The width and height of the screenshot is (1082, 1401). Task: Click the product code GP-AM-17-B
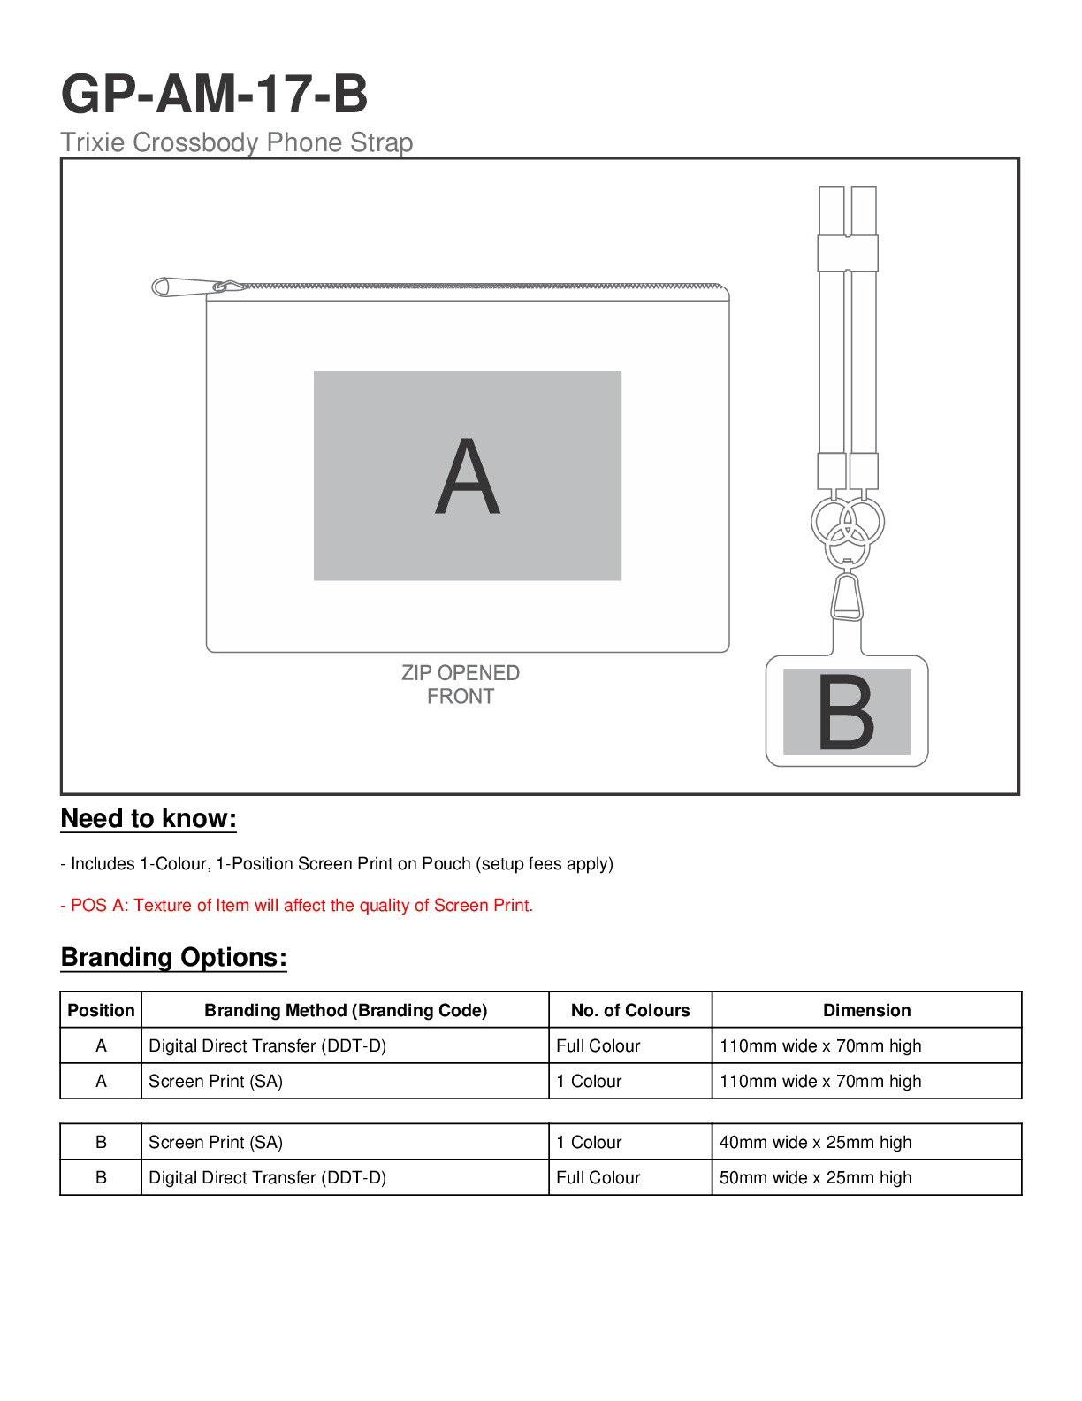(214, 95)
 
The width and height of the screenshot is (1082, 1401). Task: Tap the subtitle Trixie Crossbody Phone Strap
(236, 142)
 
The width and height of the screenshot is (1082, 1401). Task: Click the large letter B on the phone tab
(846, 713)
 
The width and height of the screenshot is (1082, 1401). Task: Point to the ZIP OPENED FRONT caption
(461, 685)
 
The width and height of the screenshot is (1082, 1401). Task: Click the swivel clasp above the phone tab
(847, 598)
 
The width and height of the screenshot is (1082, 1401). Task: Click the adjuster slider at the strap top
(847, 253)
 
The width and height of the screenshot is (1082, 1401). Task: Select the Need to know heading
(149, 819)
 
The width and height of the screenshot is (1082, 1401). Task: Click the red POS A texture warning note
(297, 906)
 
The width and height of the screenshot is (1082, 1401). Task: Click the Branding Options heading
(174, 958)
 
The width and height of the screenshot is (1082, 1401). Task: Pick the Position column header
(101, 1010)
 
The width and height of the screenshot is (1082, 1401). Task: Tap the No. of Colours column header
(630, 1010)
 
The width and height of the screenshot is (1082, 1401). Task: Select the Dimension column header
(866, 1010)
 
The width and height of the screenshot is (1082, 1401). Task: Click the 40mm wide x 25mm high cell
(815, 1142)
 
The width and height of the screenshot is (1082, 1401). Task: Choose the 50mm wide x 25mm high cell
(815, 1177)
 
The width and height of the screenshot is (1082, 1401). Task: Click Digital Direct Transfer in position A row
(267, 1045)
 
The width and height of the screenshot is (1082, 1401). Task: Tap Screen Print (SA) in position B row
(216, 1142)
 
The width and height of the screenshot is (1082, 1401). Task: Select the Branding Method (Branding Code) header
(346, 1010)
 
